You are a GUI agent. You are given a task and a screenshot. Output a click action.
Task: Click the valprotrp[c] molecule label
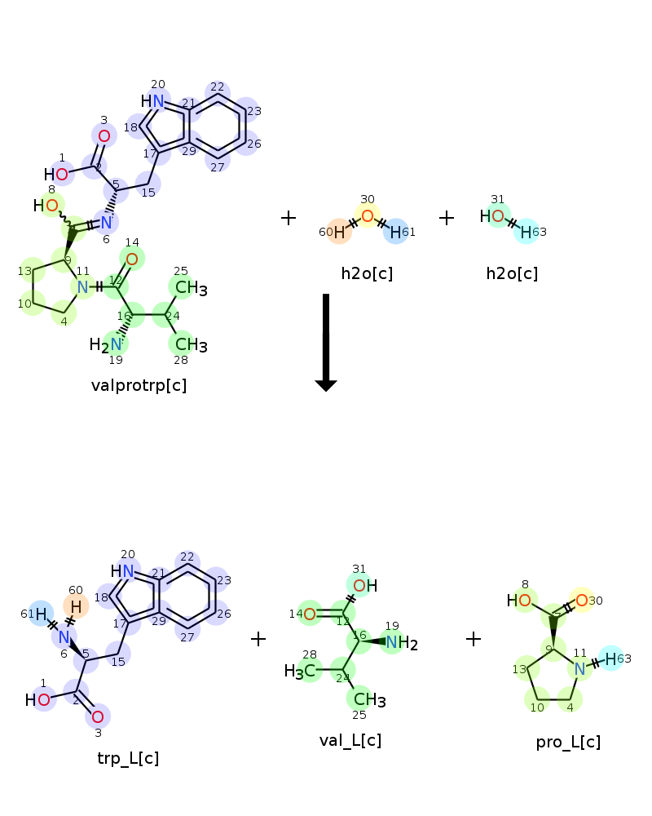[x=139, y=385]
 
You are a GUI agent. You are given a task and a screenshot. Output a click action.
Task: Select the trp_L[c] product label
[x=128, y=758]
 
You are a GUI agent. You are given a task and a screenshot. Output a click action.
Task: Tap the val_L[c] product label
[x=350, y=740]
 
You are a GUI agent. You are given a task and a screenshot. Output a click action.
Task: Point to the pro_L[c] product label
[x=568, y=742]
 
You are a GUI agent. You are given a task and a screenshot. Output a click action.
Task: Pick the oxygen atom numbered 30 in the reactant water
[x=368, y=216]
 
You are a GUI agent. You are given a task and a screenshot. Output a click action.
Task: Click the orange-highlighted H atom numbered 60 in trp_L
[x=76, y=606]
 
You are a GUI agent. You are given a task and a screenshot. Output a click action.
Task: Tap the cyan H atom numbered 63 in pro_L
[x=610, y=658]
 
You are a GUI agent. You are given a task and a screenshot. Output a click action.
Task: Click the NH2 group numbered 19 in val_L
[x=400, y=643]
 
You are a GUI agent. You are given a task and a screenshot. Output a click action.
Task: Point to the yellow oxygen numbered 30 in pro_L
[x=581, y=601]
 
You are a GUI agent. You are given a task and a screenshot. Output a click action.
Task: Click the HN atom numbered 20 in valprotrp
[x=153, y=101]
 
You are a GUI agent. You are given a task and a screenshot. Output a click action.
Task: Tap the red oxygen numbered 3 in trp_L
[x=98, y=716]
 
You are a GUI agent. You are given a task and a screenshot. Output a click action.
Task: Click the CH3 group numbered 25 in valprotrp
[x=190, y=288]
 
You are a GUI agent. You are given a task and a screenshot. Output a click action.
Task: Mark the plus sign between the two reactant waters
[x=447, y=218]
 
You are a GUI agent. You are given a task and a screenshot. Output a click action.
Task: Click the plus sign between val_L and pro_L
[x=474, y=638]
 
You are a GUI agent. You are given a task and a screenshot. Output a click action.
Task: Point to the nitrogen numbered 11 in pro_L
[x=579, y=668]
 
